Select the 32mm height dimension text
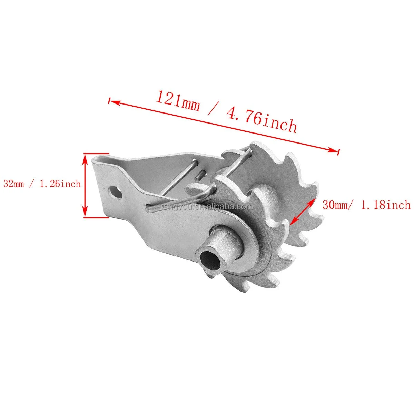tap(14, 183)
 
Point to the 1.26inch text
tap(60, 183)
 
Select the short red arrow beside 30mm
tap(302, 211)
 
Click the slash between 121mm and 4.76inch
tap(210, 109)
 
